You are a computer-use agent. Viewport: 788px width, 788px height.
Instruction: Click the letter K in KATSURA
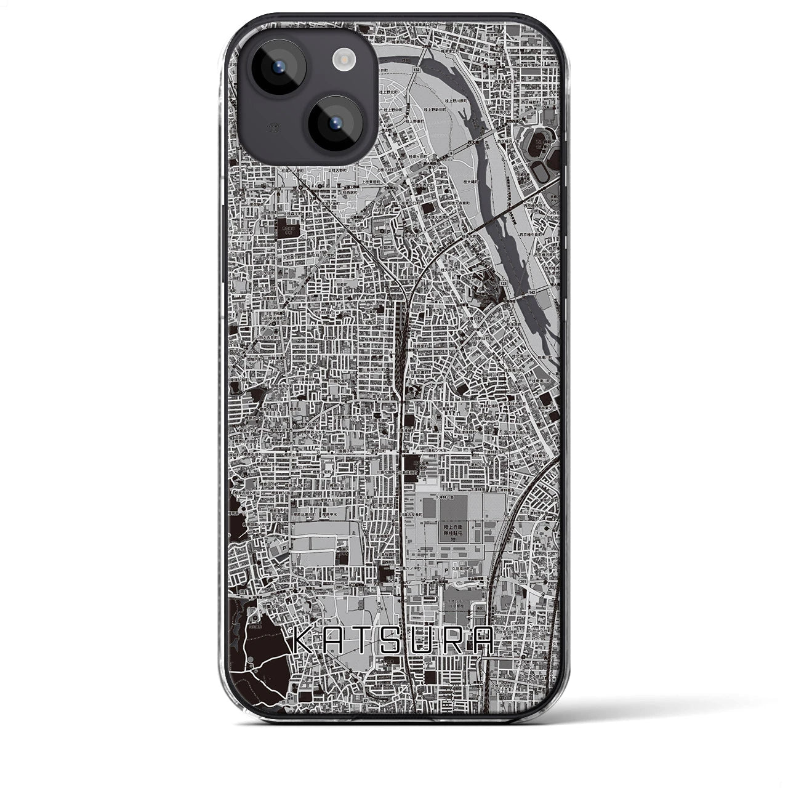(299, 642)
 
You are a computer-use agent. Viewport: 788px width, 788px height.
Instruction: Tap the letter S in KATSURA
(393, 642)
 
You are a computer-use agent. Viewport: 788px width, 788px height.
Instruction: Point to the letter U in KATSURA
(425, 642)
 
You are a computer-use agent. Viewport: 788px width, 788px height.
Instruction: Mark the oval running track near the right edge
(541, 174)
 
